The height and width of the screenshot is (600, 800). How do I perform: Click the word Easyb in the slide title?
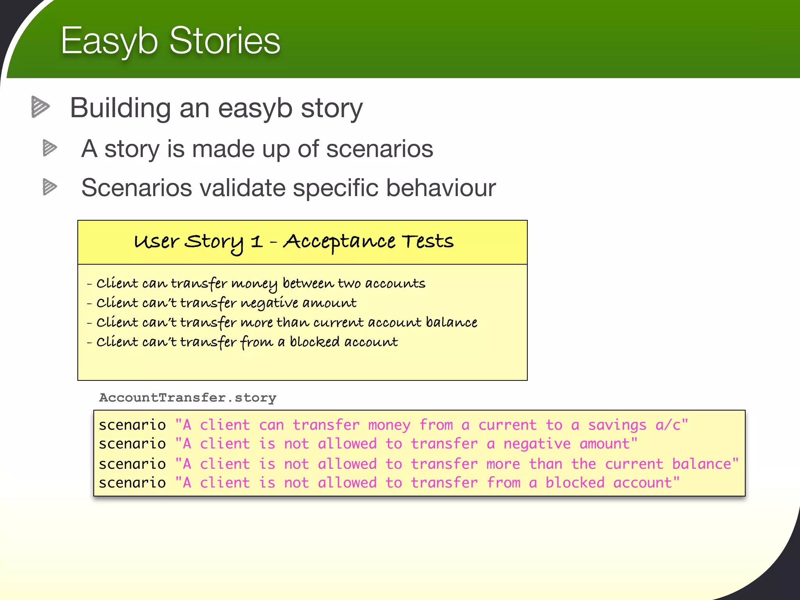coord(109,41)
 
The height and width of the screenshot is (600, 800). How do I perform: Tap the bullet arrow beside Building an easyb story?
coord(40,107)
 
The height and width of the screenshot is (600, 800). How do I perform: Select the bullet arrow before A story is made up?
coord(50,148)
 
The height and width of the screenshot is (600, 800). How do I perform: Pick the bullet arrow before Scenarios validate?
coord(50,187)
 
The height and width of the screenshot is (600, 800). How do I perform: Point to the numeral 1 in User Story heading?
coord(256,242)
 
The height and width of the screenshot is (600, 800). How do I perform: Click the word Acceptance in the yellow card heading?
coord(339,242)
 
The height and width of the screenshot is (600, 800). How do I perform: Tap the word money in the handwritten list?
coord(254,284)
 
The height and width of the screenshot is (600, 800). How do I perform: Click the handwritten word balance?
coord(451,322)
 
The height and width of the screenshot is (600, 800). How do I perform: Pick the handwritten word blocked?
coord(314,342)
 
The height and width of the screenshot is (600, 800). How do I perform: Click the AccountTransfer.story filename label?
coord(187,398)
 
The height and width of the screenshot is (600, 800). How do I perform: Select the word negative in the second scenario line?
coord(537,444)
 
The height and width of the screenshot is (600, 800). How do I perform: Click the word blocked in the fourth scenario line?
coord(575,483)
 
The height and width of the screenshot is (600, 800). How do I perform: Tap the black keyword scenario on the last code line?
coord(132,483)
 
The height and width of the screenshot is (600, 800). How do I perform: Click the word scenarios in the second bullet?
coord(379,149)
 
